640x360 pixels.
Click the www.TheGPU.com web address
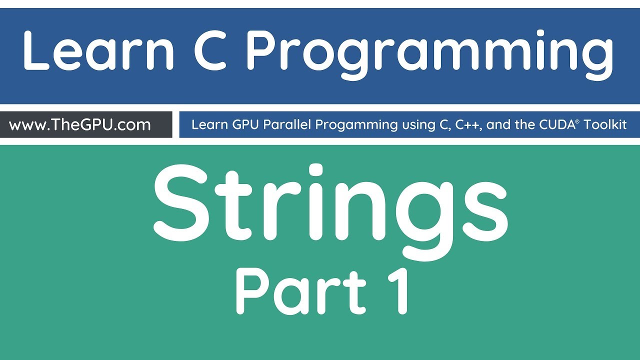[80, 124]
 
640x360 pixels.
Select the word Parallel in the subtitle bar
[289, 124]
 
